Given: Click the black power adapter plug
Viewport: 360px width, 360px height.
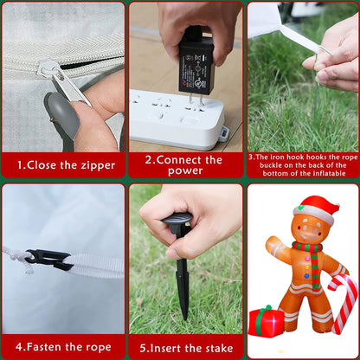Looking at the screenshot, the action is tap(196, 69).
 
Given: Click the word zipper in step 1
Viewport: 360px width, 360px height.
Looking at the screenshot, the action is tap(98, 165).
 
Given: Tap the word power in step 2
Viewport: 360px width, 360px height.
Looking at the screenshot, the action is tap(185, 170).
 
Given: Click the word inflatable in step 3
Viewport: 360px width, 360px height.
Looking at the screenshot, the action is tap(330, 173).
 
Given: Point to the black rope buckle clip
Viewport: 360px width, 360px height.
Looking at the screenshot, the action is tap(48, 260).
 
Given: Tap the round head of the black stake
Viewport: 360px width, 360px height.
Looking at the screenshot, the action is tap(177, 220).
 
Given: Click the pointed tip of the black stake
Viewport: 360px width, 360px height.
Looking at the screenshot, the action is tap(184, 318).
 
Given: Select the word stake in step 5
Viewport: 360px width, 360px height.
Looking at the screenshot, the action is tap(217, 349).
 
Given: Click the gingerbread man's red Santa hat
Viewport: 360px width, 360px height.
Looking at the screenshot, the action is tap(318, 209).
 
